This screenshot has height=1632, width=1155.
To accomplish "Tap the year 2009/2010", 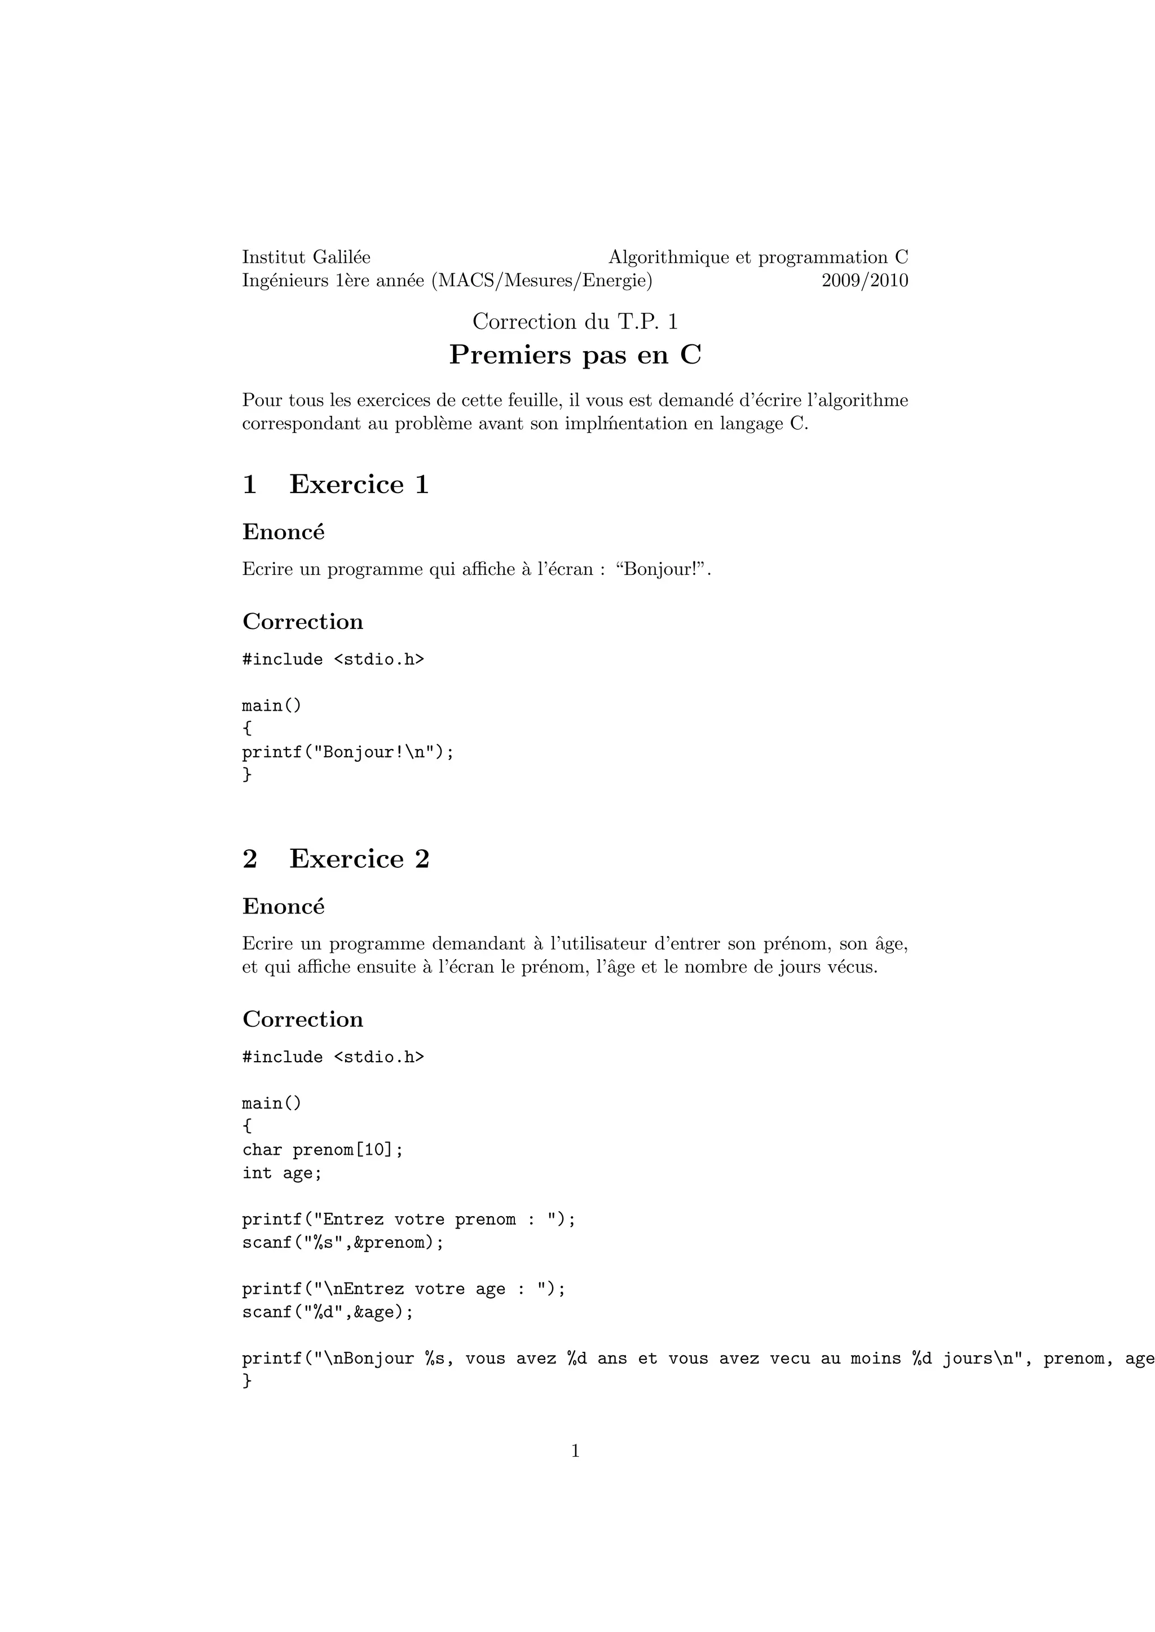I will tap(865, 281).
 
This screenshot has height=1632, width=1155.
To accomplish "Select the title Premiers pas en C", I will tap(575, 354).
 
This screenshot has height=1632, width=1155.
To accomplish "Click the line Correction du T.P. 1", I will tap(575, 322).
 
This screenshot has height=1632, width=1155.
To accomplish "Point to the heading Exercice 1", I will tap(359, 485).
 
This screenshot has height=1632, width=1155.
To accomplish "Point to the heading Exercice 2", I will tap(359, 859).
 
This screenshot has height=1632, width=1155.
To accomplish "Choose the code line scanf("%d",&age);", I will tap(327, 1312).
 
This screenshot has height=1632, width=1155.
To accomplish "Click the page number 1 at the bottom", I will tap(575, 1452).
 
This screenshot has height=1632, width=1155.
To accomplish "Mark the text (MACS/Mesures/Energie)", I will tap(541, 281).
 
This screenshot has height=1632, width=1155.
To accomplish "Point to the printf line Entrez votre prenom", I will tap(408, 1219).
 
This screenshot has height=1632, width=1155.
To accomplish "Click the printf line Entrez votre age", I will tap(403, 1289).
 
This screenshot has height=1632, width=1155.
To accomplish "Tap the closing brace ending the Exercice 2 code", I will tap(247, 1381).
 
